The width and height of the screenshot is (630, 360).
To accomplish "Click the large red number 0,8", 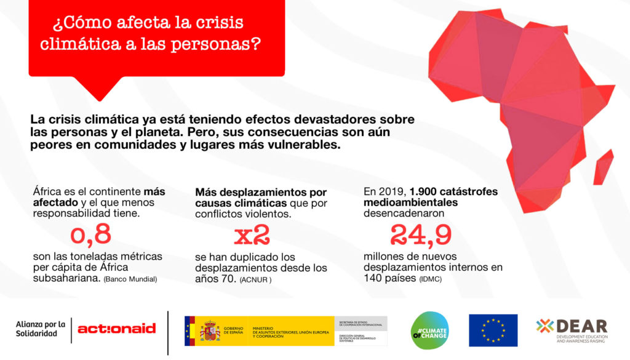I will pyautogui.click(x=90, y=234).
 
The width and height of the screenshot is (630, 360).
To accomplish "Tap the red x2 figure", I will pyautogui.click(x=252, y=235).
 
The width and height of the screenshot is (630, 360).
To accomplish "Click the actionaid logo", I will pyautogui.click(x=116, y=329).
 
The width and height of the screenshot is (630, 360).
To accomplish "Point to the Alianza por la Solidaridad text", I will pyautogui.click(x=41, y=329).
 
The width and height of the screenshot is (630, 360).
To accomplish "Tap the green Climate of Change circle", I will pyautogui.click(x=429, y=330).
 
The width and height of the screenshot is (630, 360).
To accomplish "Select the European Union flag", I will pyautogui.click(x=493, y=330).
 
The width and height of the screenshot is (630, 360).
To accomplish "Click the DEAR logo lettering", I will pyautogui.click(x=581, y=326).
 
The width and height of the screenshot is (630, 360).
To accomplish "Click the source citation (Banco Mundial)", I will pyautogui.click(x=130, y=279).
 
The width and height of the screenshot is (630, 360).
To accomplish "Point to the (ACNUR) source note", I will pyautogui.click(x=255, y=280).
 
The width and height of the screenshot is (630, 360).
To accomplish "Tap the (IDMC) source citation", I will pyautogui.click(x=429, y=280).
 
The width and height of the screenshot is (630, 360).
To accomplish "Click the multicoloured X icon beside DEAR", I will pyautogui.click(x=544, y=326).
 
